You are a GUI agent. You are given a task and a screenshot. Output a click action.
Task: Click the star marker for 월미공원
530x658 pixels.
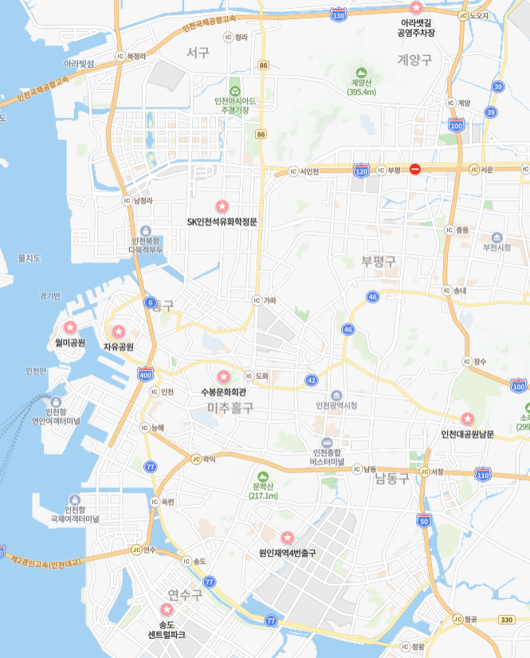pyautogui.click(x=70, y=327)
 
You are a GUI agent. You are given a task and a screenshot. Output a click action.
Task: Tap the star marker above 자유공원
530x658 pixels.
pyautogui.click(x=119, y=331)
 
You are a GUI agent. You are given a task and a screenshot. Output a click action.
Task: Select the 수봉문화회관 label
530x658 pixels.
pyautogui.click(x=224, y=392)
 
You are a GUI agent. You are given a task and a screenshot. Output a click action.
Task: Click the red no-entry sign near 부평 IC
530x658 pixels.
pyautogui.click(x=414, y=169)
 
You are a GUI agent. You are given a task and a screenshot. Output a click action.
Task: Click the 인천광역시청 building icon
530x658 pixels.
pyautogui.click(x=336, y=395)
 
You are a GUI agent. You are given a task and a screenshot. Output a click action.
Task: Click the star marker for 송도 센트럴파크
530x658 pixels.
pyautogui.click(x=167, y=609)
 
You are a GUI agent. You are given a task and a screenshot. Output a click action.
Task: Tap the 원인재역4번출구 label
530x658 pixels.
pyautogui.click(x=288, y=552)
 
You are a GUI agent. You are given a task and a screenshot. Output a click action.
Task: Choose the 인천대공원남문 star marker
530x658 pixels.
pyautogui.click(x=468, y=418)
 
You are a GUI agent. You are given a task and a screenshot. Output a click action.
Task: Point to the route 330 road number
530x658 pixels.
pyautogui.click(x=507, y=619)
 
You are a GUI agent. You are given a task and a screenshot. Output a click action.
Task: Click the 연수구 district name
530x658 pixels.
pyautogui.click(x=185, y=594)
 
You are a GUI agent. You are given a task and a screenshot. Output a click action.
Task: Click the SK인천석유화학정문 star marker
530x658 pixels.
pyautogui.click(x=222, y=206)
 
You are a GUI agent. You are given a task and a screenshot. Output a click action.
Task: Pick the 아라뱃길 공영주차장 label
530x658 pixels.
pyautogui.click(x=417, y=28)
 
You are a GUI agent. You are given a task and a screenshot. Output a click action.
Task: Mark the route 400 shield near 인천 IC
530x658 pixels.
pyautogui.click(x=145, y=374)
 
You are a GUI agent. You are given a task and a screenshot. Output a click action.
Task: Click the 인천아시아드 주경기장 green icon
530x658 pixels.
pyautogui.click(x=235, y=90)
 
